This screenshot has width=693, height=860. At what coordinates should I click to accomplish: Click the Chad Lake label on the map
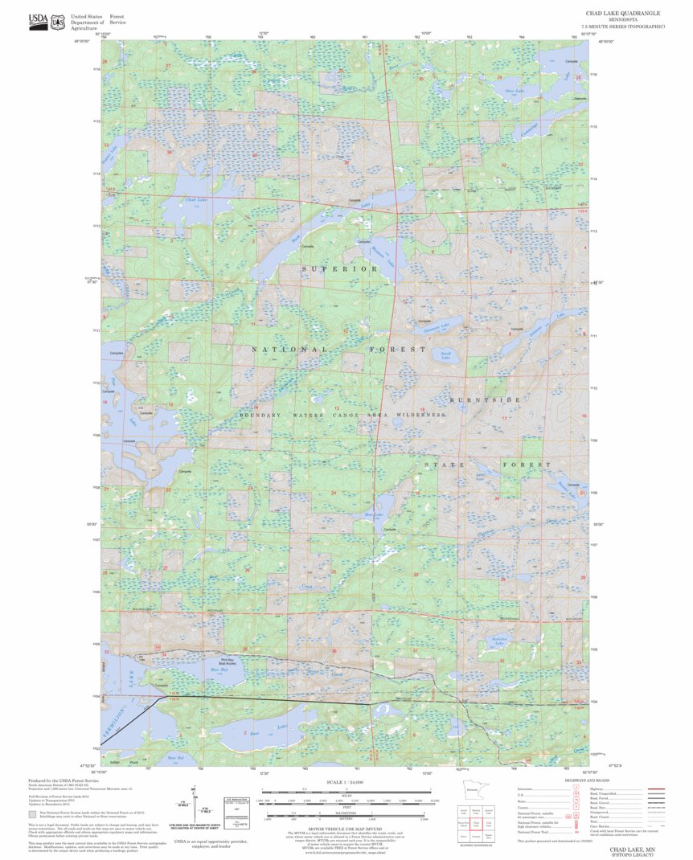click(x=196, y=200)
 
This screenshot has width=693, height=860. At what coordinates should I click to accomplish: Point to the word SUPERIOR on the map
click(x=339, y=268)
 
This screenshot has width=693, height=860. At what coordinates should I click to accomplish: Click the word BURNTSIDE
click(x=486, y=399)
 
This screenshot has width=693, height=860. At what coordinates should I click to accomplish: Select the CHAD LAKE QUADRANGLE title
click(x=622, y=14)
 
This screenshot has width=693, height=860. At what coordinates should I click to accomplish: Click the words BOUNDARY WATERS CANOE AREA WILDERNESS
click(x=343, y=415)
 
